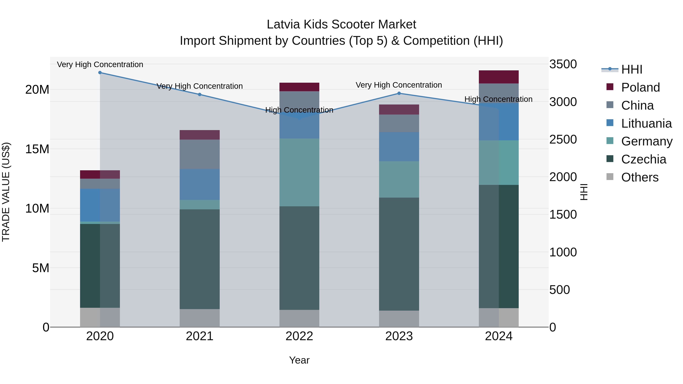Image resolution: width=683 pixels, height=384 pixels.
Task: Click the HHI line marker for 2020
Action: (100, 73)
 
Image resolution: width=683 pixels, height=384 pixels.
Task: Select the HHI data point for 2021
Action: (200, 95)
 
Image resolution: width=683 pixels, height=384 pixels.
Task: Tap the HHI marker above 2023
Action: (399, 93)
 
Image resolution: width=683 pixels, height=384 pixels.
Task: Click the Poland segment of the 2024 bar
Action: (499, 77)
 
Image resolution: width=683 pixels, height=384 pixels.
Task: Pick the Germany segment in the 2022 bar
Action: (299, 172)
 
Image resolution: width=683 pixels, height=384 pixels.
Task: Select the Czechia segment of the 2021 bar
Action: (200, 259)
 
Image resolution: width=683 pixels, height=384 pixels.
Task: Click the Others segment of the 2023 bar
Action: (399, 319)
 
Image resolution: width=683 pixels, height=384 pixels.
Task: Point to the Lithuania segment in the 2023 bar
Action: (399, 147)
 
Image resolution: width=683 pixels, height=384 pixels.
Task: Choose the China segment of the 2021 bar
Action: (200, 154)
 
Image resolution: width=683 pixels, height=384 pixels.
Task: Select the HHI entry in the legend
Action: (631, 69)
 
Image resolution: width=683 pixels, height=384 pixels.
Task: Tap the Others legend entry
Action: (640, 177)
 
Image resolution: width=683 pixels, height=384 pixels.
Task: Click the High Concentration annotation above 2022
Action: (299, 110)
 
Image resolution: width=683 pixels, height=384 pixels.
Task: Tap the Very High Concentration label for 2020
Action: (100, 65)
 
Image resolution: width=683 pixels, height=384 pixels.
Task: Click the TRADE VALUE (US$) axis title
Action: (6, 192)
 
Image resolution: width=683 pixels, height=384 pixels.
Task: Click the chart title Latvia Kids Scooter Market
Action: (341, 24)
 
